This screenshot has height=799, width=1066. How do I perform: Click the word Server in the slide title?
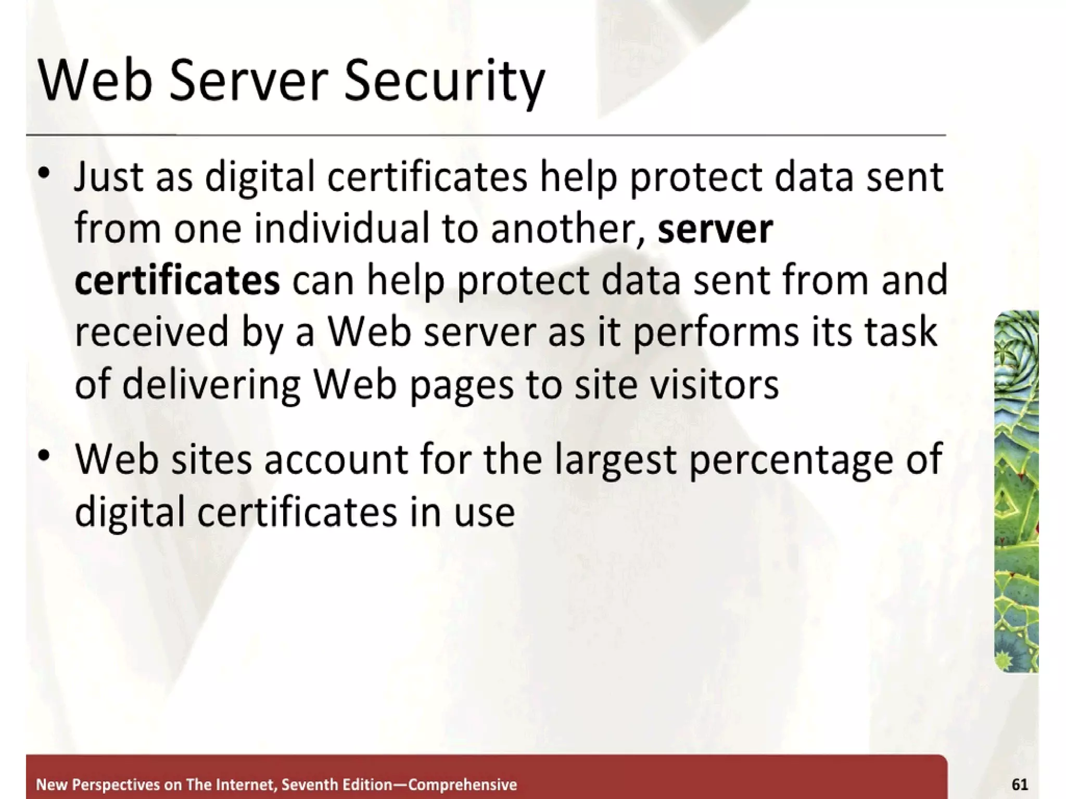point(248,82)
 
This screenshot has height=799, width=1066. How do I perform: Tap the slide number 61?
point(1019,784)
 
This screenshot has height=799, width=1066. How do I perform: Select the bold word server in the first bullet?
point(715,229)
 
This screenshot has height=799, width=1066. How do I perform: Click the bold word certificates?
point(177,280)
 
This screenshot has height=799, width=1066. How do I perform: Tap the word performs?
point(716,332)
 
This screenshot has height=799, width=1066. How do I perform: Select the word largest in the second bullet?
point(615,460)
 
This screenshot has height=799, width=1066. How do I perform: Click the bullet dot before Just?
point(45,172)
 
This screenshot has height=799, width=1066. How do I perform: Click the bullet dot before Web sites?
point(45,456)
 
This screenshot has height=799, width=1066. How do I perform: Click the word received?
point(151,332)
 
